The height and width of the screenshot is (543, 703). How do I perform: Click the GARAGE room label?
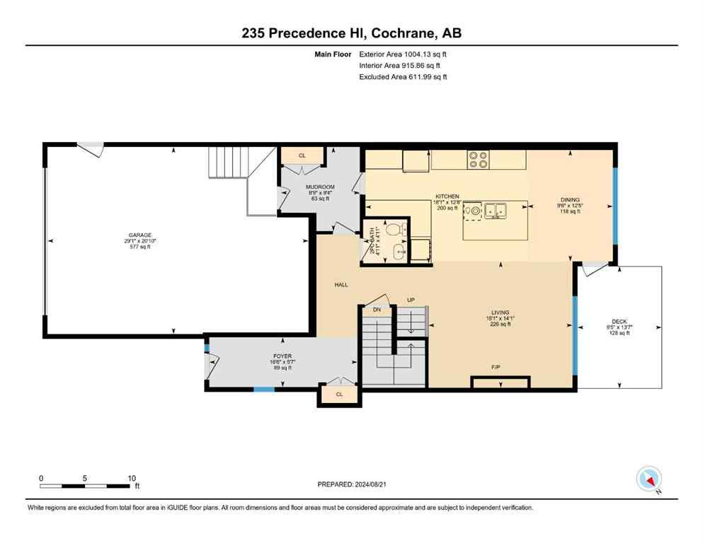pyautogui.click(x=140, y=235)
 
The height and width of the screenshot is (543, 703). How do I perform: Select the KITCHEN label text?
pyautogui.click(x=447, y=197)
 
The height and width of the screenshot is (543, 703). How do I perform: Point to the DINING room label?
pyautogui.click(x=570, y=200)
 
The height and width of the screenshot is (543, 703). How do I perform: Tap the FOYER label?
pyautogui.click(x=282, y=356)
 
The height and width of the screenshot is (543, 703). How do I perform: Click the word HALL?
pyautogui.click(x=341, y=285)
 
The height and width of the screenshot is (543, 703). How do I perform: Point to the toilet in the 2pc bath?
pyautogui.click(x=399, y=229)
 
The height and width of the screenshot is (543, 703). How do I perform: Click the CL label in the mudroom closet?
pyautogui.click(x=302, y=156)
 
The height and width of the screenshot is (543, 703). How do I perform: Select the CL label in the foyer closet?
pyautogui.click(x=339, y=395)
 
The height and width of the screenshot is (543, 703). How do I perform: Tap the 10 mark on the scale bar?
pyautogui.click(x=131, y=478)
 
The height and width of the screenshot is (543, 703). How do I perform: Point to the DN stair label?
pyautogui.click(x=377, y=310)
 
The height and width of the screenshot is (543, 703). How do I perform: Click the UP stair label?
pyautogui.click(x=410, y=300)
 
